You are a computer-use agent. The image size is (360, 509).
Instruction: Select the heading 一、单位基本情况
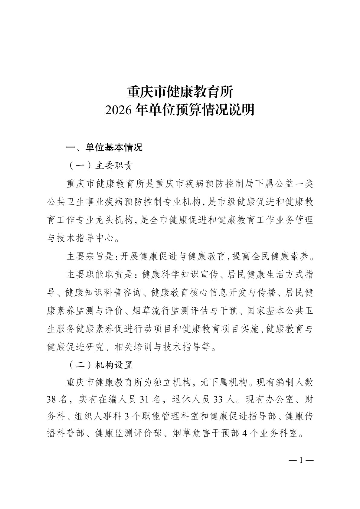point(104,147)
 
